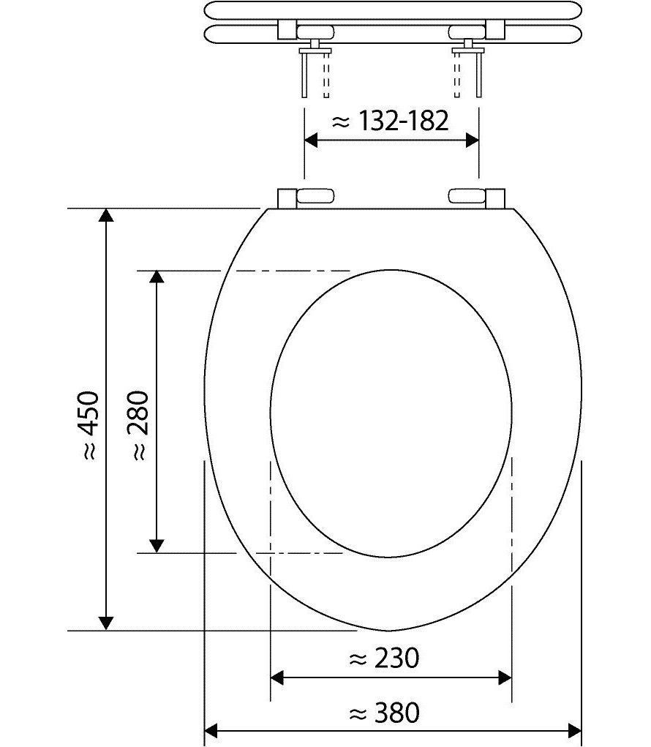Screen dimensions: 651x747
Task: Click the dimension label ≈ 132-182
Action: pos(390,121)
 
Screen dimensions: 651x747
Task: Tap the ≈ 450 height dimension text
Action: pos(91,425)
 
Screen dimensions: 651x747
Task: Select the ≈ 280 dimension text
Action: pos(138,425)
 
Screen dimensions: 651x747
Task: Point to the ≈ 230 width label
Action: pos(384,659)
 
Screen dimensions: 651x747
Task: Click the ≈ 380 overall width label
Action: pos(384,713)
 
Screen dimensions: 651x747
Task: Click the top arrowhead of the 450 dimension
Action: pos(106,215)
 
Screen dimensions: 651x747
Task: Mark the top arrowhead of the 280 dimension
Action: pos(157,277)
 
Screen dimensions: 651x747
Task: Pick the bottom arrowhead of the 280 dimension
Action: pos(157,546)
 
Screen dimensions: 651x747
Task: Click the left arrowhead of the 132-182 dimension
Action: pos(311,140)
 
